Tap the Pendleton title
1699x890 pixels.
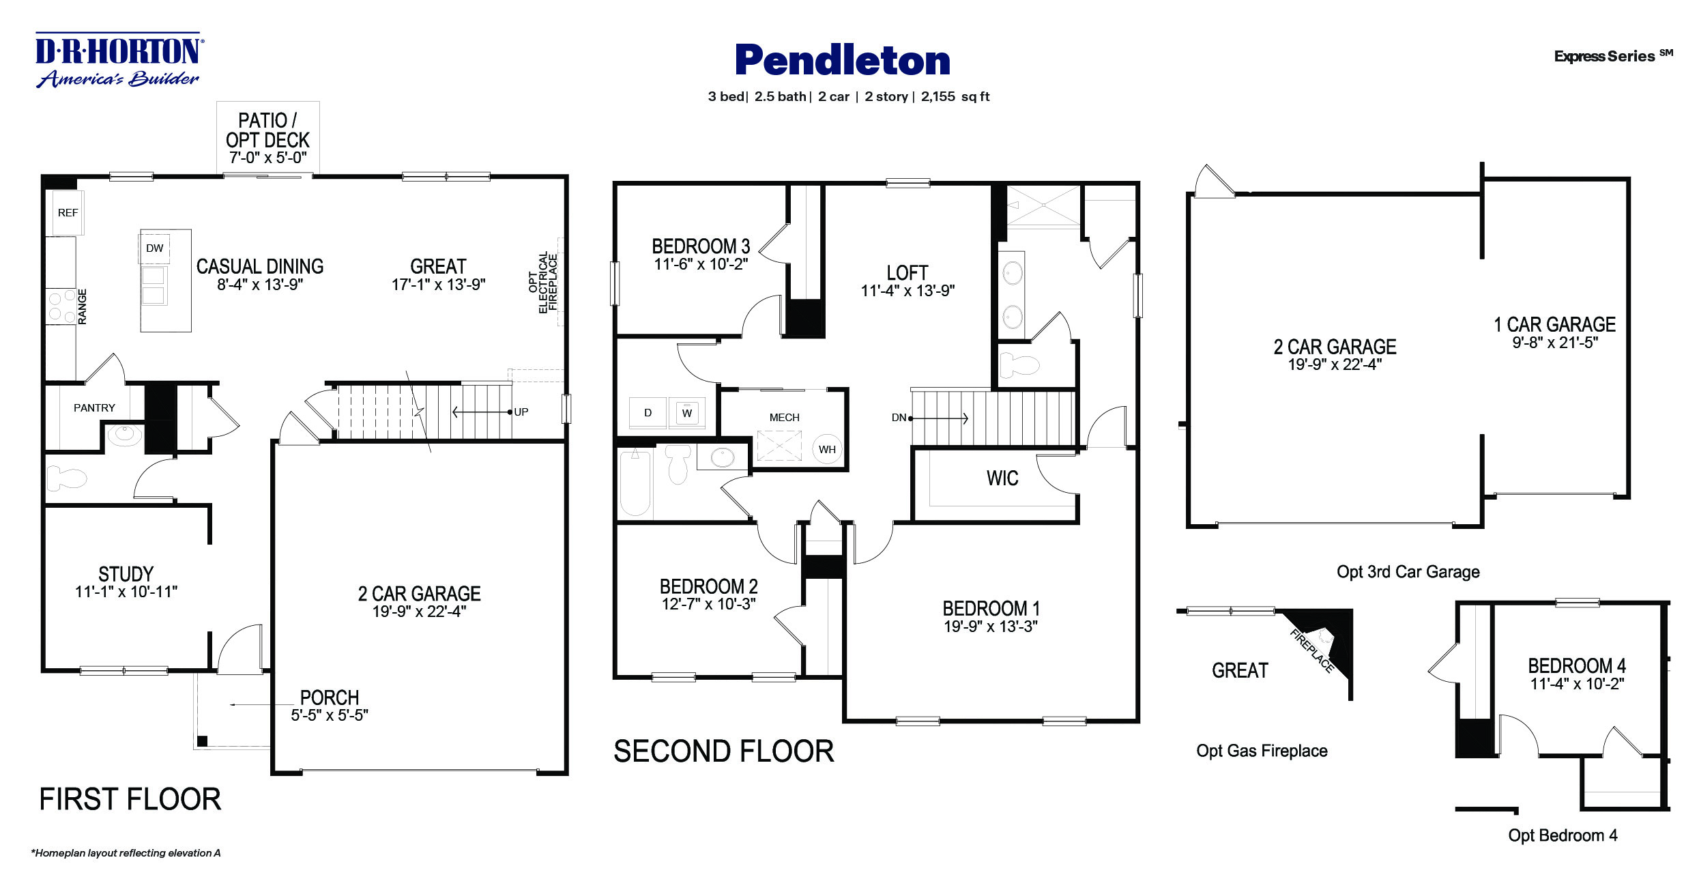[843, 60]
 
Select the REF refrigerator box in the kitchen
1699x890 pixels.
[68, 213]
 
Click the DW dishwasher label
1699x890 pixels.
[155, 248]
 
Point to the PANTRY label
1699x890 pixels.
[94, 408]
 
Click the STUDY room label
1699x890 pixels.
[126, 574]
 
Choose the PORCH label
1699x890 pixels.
[330, 698]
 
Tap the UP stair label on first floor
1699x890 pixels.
[521, 412]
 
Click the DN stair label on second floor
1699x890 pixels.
[899, 418]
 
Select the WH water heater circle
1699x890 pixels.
[827, 449]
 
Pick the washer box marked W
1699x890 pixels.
[687, 413]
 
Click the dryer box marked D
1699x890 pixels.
[648, 413]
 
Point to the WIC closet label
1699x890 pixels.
[1002, 478]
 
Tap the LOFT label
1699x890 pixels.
[907, 273]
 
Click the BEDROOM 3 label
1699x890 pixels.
[701, 246]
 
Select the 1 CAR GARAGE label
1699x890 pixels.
[1555, 324]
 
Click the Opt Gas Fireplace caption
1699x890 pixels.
[1262, 751]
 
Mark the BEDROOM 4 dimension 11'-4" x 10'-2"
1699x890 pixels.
[1577, 684]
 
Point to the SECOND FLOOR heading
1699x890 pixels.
[723, 751]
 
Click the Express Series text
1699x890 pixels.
[1605, 57]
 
